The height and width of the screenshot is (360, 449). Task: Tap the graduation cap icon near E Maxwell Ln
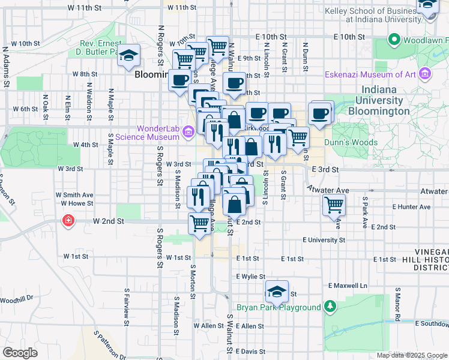pos(277,292)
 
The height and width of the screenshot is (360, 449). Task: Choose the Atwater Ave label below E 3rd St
pos(327,190)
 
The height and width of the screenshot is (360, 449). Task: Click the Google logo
pos(20,353)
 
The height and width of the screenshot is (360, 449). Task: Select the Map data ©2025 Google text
pos(411,355)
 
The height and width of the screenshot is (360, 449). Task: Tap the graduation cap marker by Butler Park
pos(129,56)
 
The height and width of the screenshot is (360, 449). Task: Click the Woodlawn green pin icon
pos(394,41)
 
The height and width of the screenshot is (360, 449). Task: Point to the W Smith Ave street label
pos(74,195)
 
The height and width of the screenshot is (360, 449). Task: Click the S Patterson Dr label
pos(109,344)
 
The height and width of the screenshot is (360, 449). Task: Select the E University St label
pos(324,240)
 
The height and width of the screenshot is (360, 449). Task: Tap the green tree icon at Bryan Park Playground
pos(330,307)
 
